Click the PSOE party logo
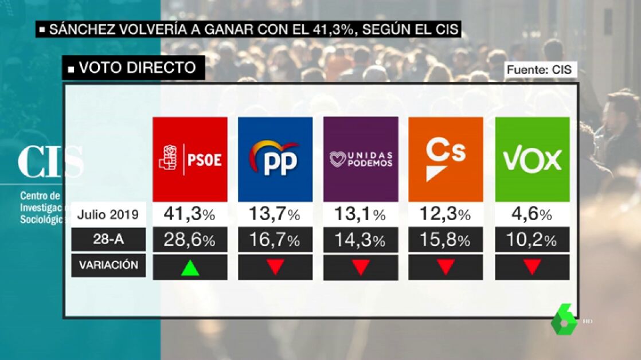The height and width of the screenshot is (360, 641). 190,159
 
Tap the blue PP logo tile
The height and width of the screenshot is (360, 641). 275,159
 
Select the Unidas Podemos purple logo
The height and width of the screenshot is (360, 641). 361,159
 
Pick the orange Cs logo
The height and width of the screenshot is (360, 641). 445,159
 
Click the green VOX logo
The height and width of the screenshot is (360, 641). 532,159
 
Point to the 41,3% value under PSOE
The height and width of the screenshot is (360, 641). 190,214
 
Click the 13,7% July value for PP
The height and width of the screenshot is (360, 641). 275,214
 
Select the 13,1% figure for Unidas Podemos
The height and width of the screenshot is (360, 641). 361,214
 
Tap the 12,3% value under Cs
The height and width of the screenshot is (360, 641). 445,214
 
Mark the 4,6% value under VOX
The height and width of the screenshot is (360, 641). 532,214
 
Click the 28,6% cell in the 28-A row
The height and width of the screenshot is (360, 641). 190,240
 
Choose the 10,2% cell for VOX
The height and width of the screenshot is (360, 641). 532,240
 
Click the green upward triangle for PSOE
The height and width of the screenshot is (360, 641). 190,267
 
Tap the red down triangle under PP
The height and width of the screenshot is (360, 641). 275,267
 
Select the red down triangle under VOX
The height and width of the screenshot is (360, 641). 532,267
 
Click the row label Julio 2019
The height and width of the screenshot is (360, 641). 108,215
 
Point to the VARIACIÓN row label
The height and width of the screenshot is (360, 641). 108,265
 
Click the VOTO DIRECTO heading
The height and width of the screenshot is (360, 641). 133,68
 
